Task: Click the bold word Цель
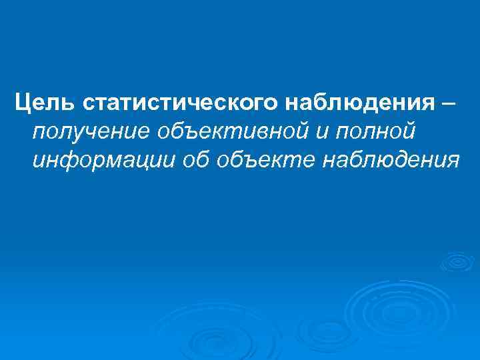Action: [46, 104]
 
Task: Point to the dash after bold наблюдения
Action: [449, 104]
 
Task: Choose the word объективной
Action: [213, 132]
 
